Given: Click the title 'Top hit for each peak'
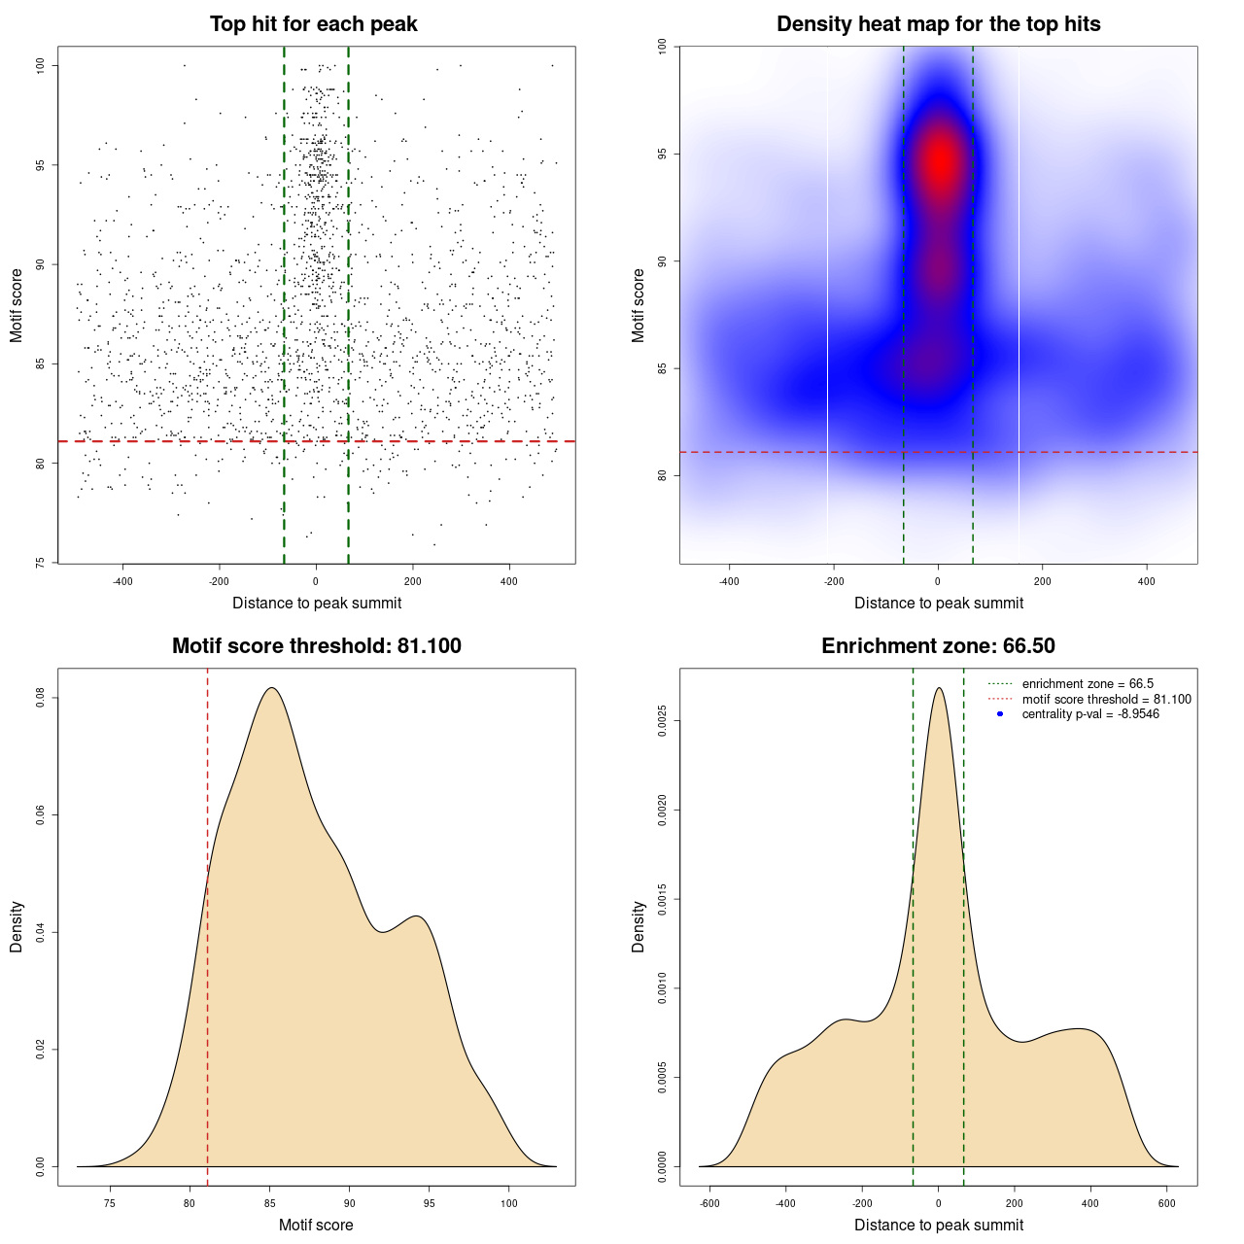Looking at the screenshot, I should tap(313, 24).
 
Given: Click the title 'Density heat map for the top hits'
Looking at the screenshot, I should tap(938, 24).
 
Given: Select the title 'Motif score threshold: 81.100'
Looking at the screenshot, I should tap(316, 646).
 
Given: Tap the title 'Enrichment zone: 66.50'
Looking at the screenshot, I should tap(938, 646).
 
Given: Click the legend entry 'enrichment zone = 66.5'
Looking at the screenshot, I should tap(1088, 684).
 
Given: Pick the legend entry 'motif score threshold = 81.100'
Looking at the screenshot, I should tap(1106, 700).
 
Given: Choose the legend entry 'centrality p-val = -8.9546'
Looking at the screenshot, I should tap(1090, 714).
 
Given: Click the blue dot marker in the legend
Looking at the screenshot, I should tap(1000, 714).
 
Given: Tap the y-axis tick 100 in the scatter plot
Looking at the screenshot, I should tap(41, 65).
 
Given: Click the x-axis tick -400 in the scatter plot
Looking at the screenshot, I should tap(122, 581).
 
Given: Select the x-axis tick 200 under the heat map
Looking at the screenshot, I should tap(1042, 581).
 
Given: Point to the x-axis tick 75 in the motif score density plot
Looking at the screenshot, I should tap(110, 1203).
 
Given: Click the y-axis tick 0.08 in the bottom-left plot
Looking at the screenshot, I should tap(41, 698).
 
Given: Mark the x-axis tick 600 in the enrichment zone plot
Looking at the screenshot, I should tap(1167, 1203).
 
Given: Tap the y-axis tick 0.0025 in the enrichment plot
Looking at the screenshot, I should tap(663, 721).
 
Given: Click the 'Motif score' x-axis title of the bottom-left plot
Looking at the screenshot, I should tap(316, 1225).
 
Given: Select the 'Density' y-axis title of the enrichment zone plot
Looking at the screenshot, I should tap(639, 926).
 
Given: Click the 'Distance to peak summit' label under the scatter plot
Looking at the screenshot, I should tap(317, 603).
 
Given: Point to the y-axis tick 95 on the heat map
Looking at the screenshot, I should tap(663, 154).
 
